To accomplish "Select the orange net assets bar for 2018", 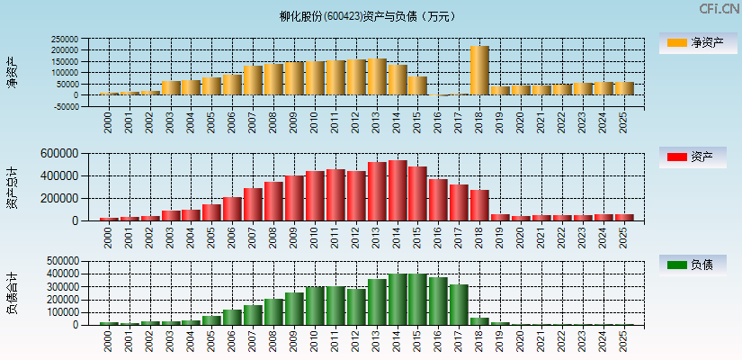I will click(479, 70).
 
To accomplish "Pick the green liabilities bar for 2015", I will click(418, 299).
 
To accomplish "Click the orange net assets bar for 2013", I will click(377, 76).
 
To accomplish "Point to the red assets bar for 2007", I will click(253, 204).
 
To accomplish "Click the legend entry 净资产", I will click(693, 42).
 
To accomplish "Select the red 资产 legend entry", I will click(693, 157).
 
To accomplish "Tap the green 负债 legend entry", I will click(693, 265).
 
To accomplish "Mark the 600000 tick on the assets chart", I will click(71, 154).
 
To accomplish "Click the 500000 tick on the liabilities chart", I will click(71, 261).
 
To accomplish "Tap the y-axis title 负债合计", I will click(13, 292).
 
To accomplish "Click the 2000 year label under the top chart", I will click(109, 121).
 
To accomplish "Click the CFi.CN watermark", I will click(719, 9).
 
